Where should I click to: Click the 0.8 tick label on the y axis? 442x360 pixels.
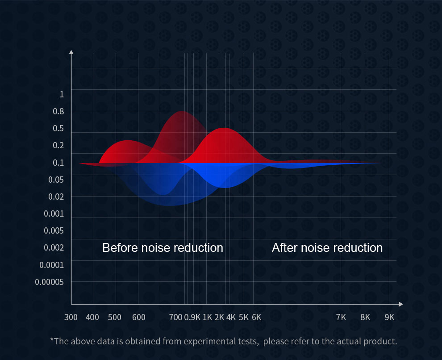[x=58, y=111]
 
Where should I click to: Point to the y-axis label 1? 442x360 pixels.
[x=62, y=94]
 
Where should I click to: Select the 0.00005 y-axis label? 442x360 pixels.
[x=49, y=282]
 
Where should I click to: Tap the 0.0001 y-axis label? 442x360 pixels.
[x=52, y=265]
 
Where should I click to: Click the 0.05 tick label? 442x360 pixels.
[x=56, y=180]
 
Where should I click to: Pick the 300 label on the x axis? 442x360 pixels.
[x=71, y=318]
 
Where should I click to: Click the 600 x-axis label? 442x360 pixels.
[x=139, y=318]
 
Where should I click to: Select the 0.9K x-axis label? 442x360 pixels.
[x=192, y=318]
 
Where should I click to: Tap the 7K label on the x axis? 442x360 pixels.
[x=341, y=318]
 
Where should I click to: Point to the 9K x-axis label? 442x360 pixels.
[x=389, y=318]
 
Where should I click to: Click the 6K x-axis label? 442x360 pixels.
[x=257, y=318]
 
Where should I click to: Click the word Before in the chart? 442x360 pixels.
[x=121, y=248]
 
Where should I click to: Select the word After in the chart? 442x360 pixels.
[x=285, y=248]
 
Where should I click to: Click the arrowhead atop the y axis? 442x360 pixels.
[x=71, y=52]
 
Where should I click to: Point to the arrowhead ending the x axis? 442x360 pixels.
[x=401, y=304]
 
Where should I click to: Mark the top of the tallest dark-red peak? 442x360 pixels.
[x=183, y=111]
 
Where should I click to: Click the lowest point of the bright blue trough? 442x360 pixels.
[x=225, y=188]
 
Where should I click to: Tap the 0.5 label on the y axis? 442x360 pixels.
[x=58, y=128]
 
